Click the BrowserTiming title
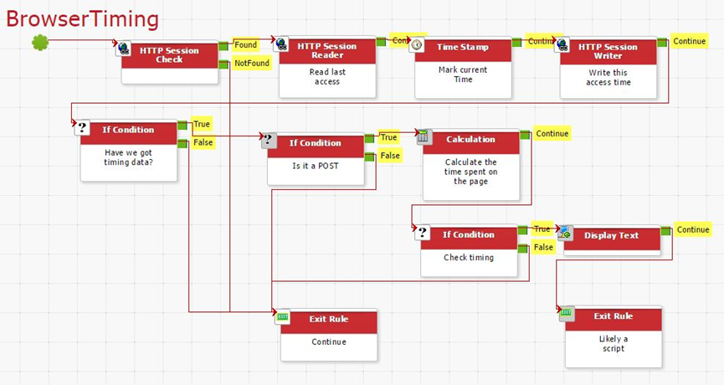tap(82, 18)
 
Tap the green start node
tap(40, 41)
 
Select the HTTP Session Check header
tap(169, 54)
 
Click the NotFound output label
tap(252, 63)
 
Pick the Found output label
tap(245, 45)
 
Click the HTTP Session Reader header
tap(327, 50)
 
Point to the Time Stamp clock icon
tap(417, 45)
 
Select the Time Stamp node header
tap(463, 48)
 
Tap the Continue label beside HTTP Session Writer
tap(689, 41)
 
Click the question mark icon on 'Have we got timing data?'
tap(82, 128)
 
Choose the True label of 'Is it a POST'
tap(389, 137)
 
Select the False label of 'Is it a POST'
tap(390, 155)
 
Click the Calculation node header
tap(470, 140)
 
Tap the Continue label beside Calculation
tap(552, 133)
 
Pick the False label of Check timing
tap(543, 247)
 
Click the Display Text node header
tap(611, 236)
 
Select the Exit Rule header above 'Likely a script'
tap(613, 316)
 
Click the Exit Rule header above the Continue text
tap(328, 319)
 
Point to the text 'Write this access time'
tap(608, 78)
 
